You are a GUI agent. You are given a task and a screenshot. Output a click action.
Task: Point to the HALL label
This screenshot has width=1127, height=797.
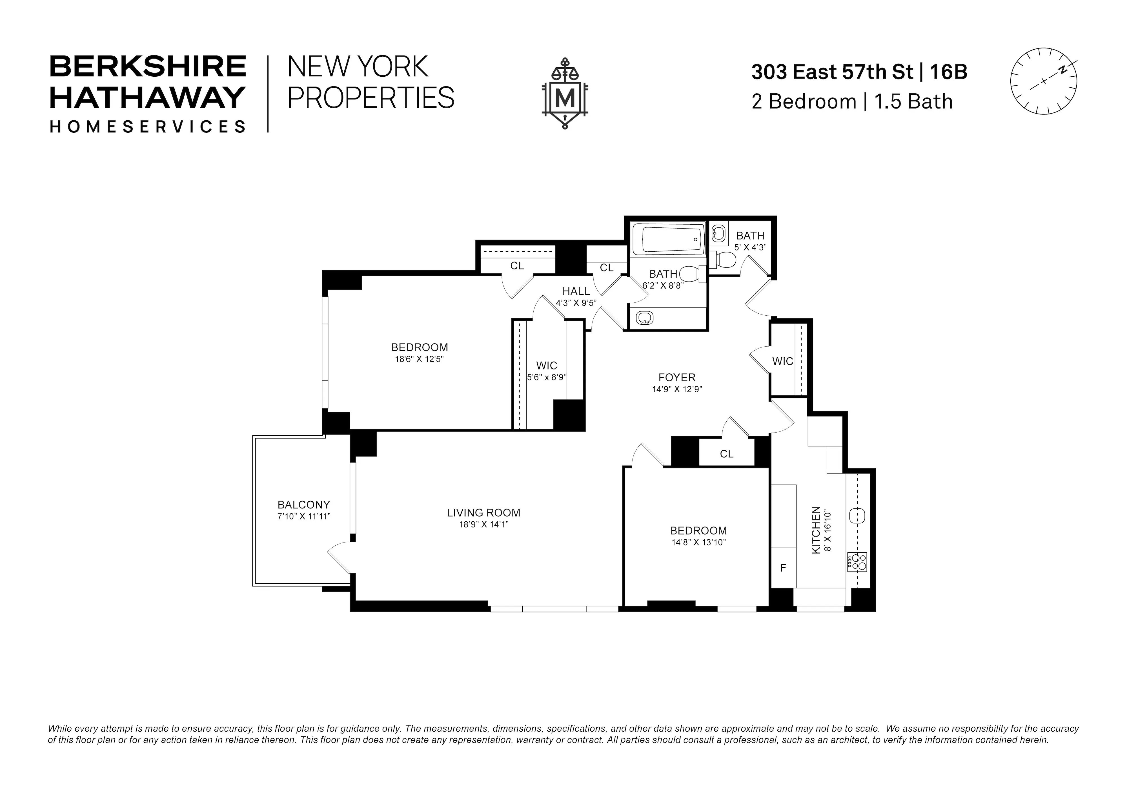576,291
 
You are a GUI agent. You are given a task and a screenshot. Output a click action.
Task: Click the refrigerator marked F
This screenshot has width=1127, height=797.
783,568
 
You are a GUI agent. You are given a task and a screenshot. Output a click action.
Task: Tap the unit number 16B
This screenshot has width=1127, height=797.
949,72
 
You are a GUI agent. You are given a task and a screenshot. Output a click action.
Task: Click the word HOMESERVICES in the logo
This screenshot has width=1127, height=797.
147,127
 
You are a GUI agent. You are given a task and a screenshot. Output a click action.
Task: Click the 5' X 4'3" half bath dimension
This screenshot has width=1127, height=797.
750,247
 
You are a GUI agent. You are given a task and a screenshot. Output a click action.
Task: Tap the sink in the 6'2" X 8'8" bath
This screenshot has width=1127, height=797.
644,318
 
